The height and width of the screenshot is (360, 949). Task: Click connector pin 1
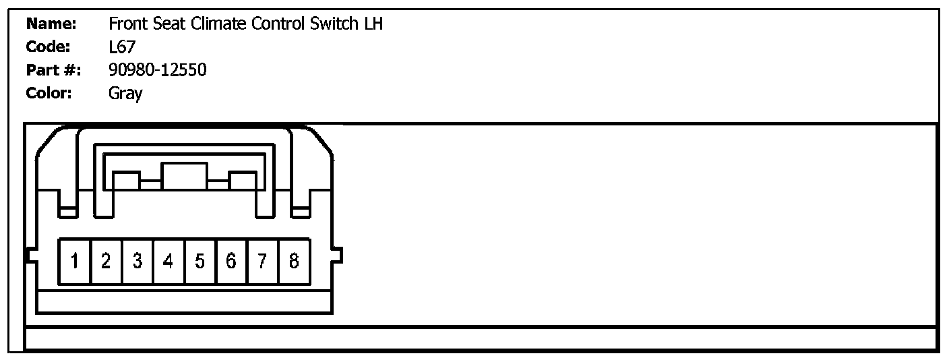tap(75, 261)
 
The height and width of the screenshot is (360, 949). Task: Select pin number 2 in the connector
tap(106, 261)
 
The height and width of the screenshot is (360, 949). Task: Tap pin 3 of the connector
tap(137, 261)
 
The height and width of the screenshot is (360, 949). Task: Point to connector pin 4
tap(169, 261)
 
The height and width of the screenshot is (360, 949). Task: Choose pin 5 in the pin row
tap(200, 261)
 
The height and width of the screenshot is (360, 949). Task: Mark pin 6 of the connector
tap(231, 261)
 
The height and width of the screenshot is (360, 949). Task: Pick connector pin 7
tap(262, 261)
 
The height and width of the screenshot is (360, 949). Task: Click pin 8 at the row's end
tap(294, 261)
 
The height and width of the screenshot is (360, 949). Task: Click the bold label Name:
tap(51, 25)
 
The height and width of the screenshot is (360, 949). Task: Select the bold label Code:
tap(48, 47)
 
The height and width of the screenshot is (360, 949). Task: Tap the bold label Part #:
tap(53, 70)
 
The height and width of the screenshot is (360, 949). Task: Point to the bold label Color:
tap(49, 93)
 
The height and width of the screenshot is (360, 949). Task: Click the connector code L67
tap(122, 47)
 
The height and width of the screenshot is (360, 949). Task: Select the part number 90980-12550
tap(157, 70)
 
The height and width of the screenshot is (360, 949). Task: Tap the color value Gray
tap(125, 94)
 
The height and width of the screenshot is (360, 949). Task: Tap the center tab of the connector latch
tap(185, 176)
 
